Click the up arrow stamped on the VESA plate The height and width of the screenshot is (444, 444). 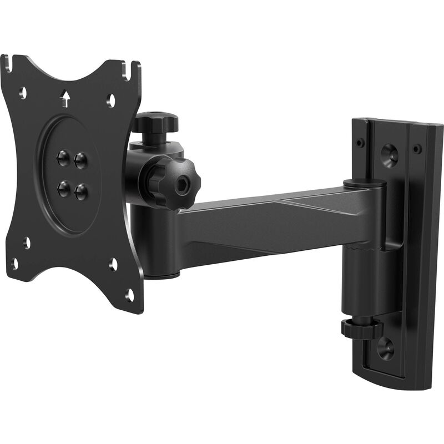tap(65, 99)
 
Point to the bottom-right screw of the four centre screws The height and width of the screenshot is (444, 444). tap(82, 192)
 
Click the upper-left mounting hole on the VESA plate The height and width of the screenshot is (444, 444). tap(23, 92)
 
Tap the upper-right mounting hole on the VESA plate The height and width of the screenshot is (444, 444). tap(111, 100)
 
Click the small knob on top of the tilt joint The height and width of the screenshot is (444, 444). tap(155, 122)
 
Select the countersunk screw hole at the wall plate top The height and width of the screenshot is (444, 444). tap(390, 154)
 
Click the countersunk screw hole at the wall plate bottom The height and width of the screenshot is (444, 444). tap(385, 347)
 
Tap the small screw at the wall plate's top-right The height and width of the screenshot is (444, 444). tap(417, 149)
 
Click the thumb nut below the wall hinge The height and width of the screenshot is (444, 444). tap(361, 329)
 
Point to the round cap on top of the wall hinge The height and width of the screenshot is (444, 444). tap(365, 183)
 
